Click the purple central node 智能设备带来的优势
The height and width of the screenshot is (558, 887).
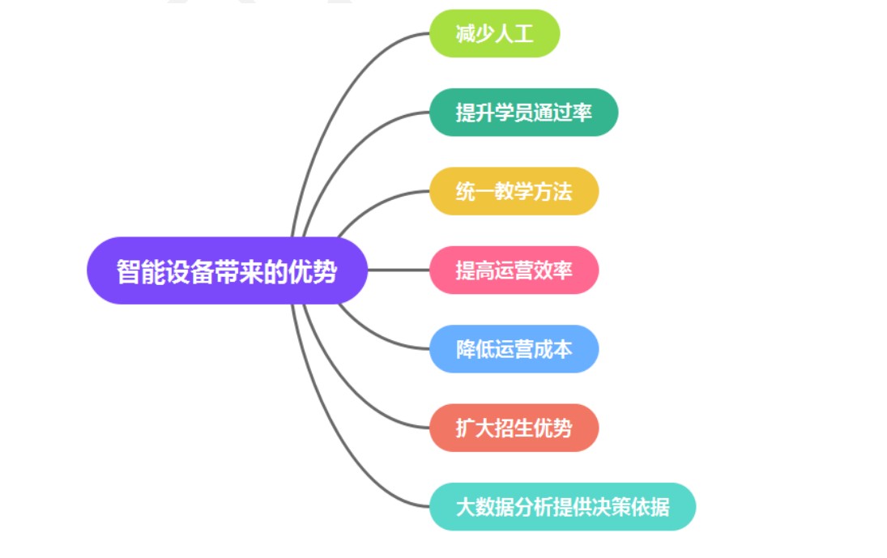tap(227, 270)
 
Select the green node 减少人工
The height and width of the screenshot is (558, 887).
tap(494, 33)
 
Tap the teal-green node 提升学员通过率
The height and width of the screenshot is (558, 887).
tap(523, 113)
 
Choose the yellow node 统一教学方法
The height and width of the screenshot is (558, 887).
tap(514, 191)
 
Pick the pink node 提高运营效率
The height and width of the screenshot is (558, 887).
tap(514, 270)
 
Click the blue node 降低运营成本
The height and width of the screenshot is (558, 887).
tap(514, 349)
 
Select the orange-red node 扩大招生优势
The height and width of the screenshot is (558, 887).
tap(514, 428)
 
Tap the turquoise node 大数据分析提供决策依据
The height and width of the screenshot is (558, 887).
tap(562, 507)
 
